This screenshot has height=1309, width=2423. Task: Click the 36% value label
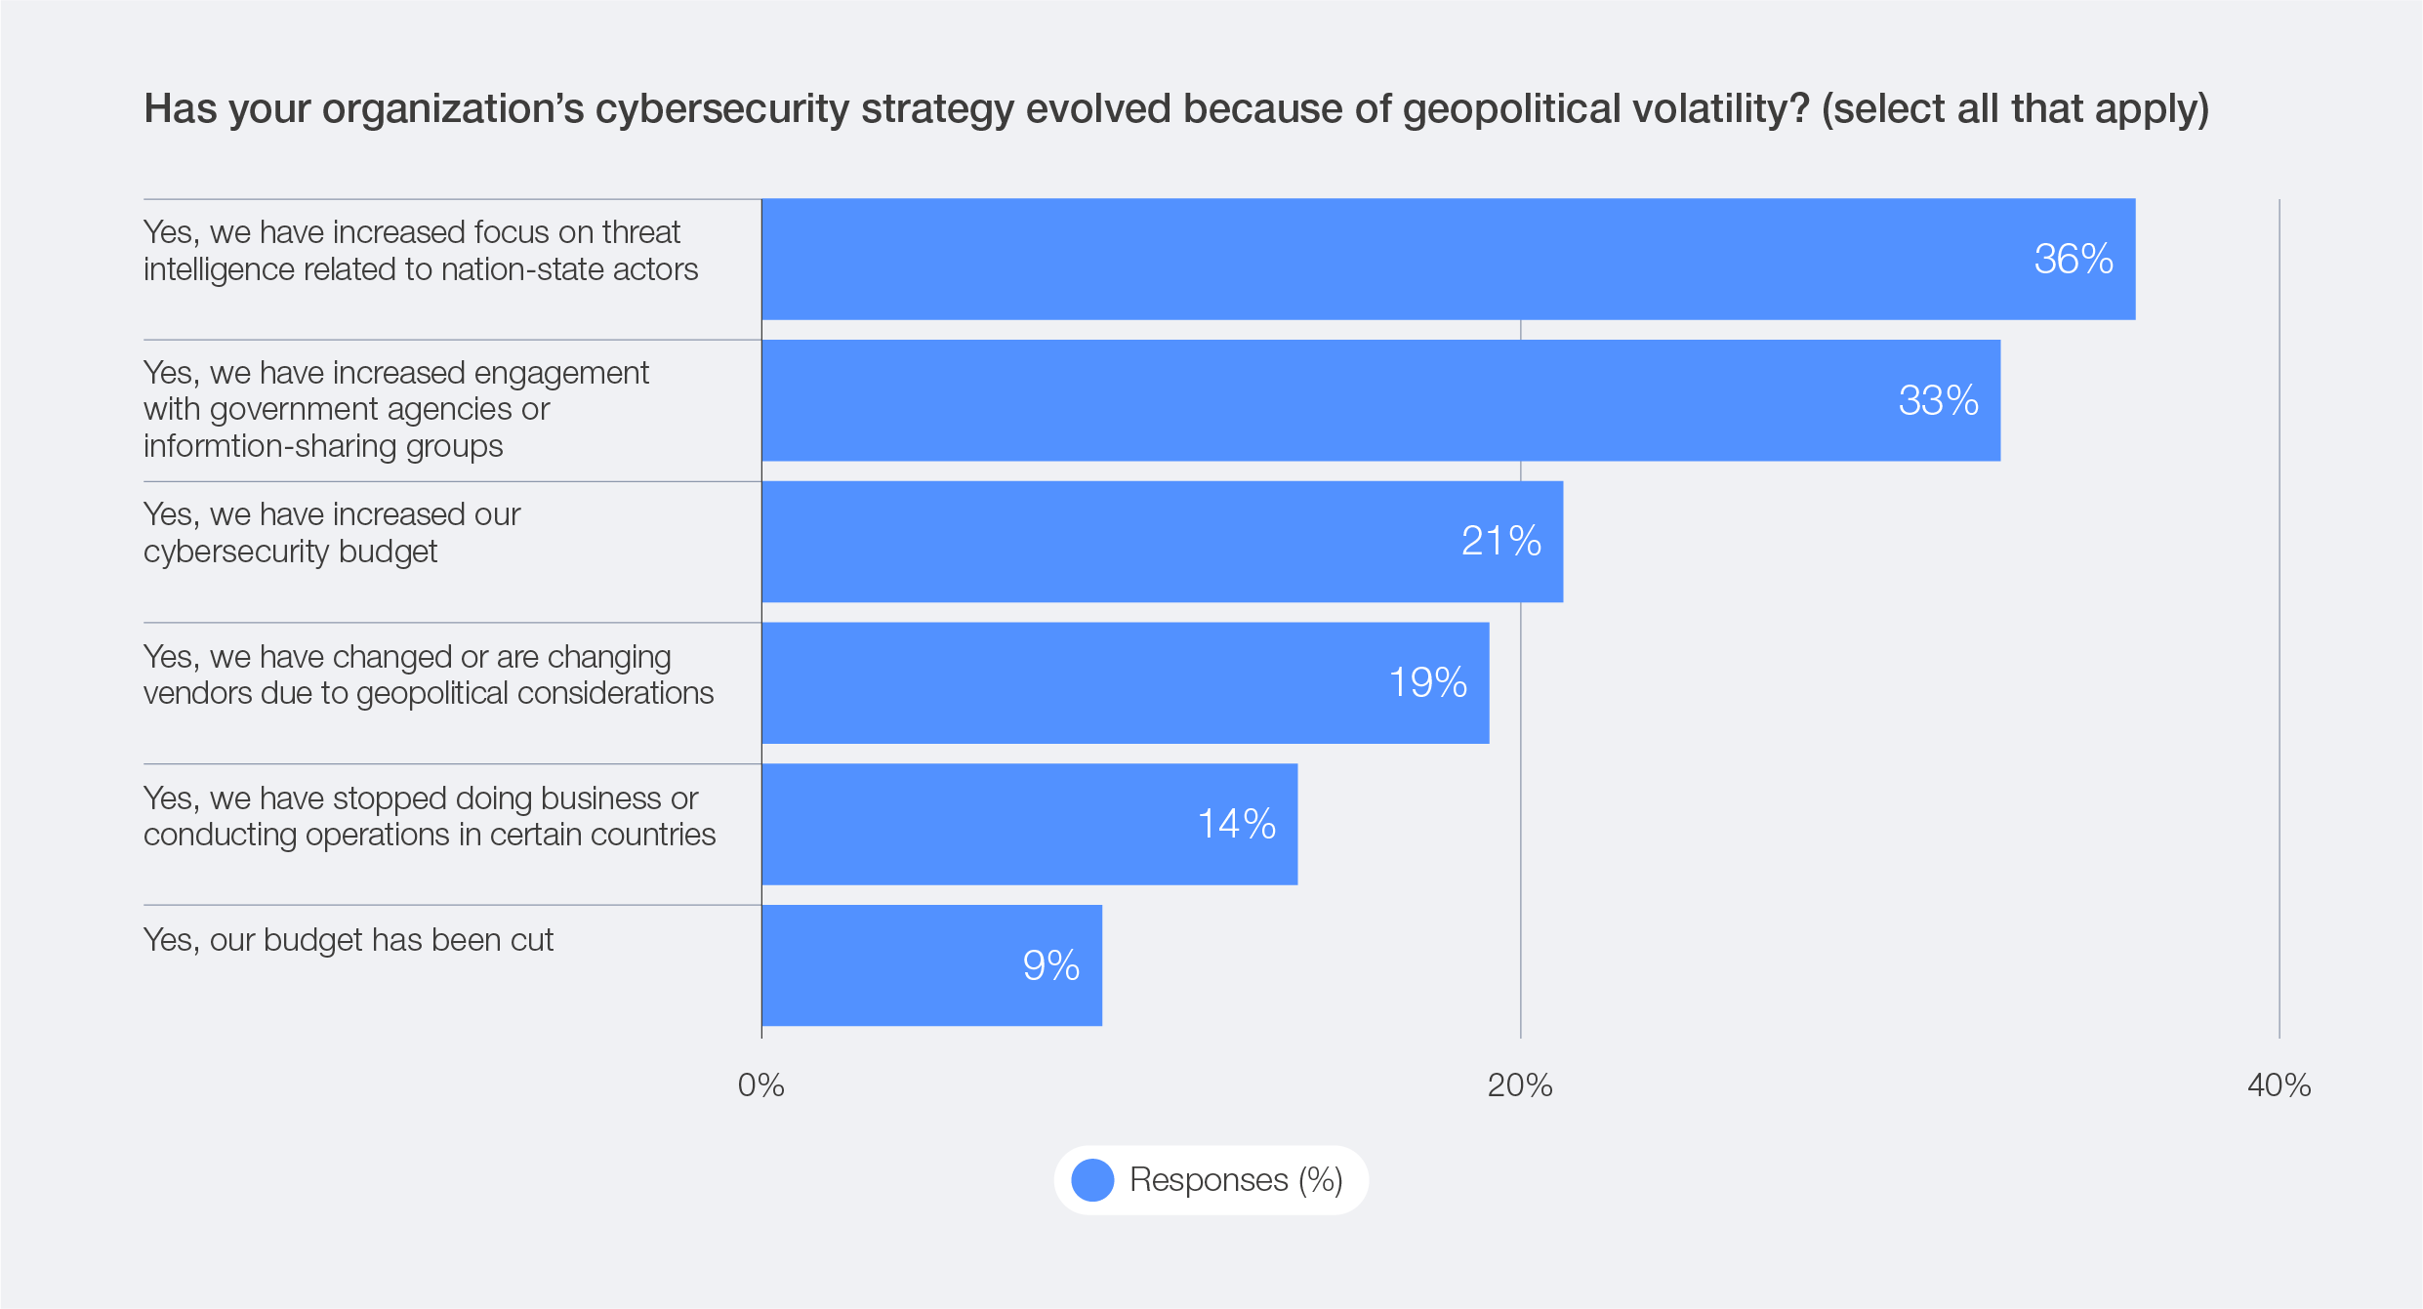coord(2073,260)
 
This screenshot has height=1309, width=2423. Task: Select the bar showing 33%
coord(1380,400)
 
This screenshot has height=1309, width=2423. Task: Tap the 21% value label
coord(1500,542)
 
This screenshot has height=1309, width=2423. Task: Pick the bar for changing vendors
coord(1125,683)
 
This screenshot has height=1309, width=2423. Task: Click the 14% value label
coord(1236,825)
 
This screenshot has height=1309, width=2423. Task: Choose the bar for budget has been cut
coord(931,965)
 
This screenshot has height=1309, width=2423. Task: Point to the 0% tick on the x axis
coord(760,1085)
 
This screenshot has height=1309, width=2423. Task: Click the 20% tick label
coord(1520,1085)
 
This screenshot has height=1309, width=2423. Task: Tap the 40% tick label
coord(2279,1085)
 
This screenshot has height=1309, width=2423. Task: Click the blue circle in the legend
coord(1092,1180)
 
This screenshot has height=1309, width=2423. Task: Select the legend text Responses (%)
coord(1236,1180)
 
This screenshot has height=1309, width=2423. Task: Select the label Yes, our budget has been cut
coord(348,940)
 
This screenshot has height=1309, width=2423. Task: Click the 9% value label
coord(1050,966)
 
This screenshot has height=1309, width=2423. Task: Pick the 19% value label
coord(1427,683)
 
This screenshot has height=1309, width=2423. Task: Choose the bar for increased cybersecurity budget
coord(1162,542)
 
